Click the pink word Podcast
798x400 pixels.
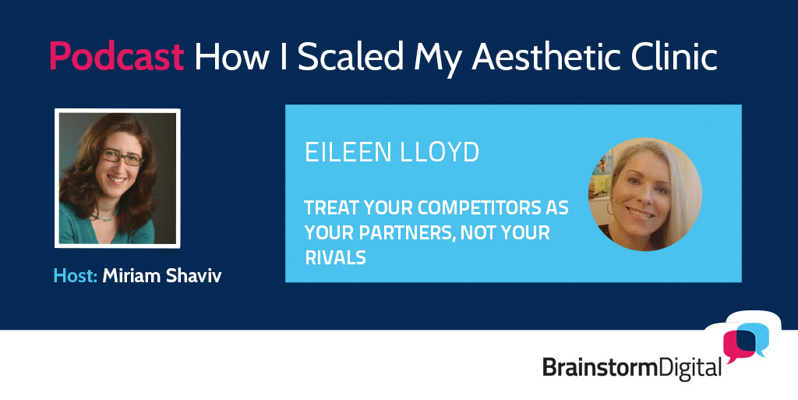point(117,56)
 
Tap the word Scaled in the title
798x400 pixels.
point(351,56)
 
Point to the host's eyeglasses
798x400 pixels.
point(122,158)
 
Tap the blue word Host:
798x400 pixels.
point(76,276)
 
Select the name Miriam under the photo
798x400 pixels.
point(131,276)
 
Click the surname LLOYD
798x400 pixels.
point(440,152)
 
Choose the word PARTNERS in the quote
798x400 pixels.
point(406,233)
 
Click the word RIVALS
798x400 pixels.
point(335,257)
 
